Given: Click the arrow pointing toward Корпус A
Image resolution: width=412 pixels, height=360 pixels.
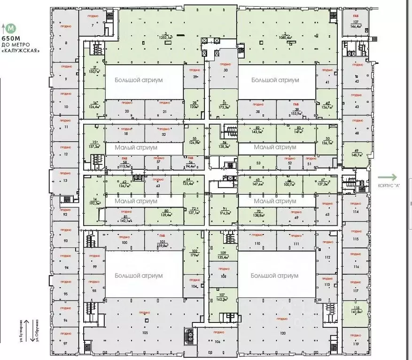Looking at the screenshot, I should [x=388, y=177].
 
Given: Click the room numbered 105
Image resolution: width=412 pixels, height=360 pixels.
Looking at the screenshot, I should [x=145, y=333].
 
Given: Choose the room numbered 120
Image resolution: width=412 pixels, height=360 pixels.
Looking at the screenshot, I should [x=282, y=333].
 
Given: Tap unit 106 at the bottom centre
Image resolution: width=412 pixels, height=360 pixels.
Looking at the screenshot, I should [x=217, y=341].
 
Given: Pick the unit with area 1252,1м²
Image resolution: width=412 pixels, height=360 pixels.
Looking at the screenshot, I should [x=166, y=35].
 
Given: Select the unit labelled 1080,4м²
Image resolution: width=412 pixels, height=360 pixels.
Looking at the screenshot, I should [x=285, y=35].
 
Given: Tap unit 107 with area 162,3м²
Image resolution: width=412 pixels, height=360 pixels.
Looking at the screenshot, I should [x=223, y=297].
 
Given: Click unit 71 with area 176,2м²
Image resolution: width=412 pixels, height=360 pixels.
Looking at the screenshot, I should [x=223, y=210].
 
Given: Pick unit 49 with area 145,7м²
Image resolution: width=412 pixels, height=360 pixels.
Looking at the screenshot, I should [x=356, y=153].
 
